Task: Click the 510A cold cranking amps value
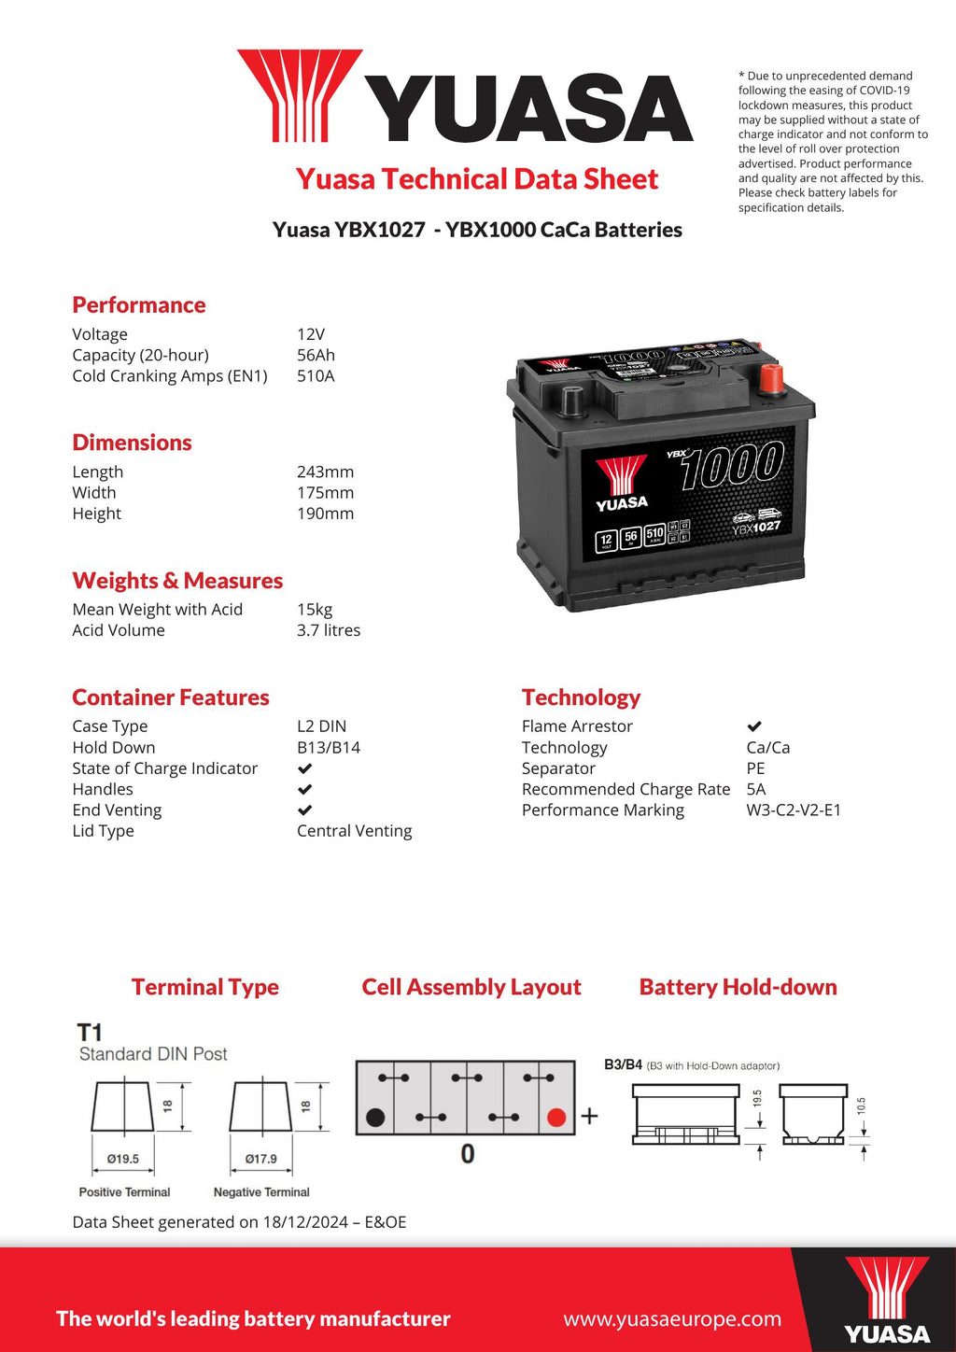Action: (316, 376)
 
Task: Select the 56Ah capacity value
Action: (316, 356)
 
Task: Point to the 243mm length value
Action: (325, 472)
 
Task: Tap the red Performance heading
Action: (139, 305)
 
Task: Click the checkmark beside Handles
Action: (304, 790)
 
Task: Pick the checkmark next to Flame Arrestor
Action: (754, 726)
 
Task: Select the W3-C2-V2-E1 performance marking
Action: (794, 810)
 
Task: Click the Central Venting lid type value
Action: (354, 831)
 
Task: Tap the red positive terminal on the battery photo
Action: (771, 378)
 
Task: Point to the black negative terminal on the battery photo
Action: (571, 401)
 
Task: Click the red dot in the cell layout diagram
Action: (556, 1118)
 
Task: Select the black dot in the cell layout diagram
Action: (376, 1118)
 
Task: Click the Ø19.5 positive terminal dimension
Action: (123, 1159)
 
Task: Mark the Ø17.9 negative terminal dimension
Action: (261, 1159)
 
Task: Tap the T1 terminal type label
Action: (90, 1033)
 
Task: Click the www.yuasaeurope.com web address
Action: (672, 1319)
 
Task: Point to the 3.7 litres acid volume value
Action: (329, 631)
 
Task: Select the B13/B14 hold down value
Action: (329, 748)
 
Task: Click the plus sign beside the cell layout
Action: (590, 1116)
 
